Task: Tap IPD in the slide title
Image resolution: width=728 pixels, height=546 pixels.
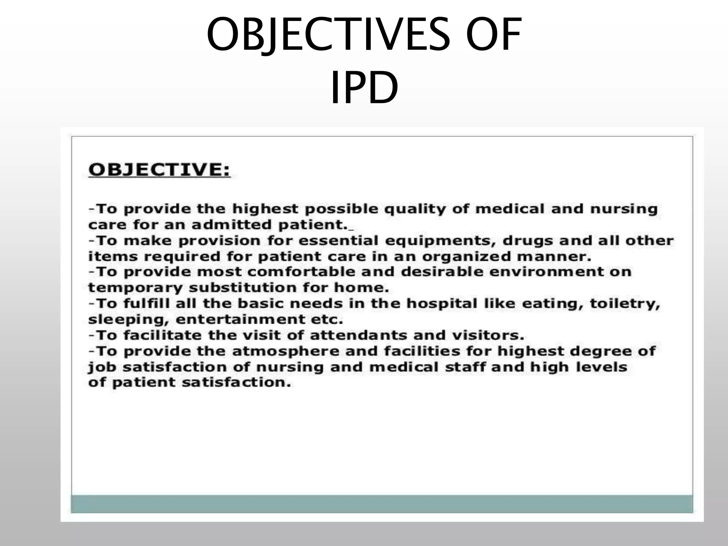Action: click(364, 88)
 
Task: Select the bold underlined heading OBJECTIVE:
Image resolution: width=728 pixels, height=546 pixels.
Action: click(159, 170)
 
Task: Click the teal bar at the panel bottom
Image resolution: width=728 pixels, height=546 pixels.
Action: click(382, 504)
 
